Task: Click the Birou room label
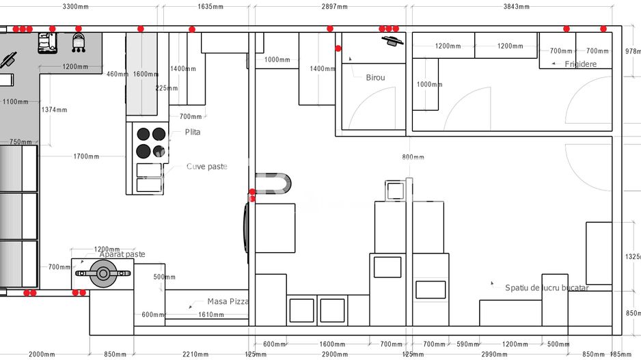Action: pos(375,78)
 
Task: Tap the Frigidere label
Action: pos(580,64)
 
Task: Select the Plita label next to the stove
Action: pos(193,132)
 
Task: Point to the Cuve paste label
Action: pos(206,167)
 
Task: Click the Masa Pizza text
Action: pos(228,301)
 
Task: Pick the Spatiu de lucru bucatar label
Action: pos(547,288)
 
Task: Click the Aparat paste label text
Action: pos(122,255)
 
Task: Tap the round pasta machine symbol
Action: pos(103,274)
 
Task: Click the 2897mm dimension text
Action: pos(334,7)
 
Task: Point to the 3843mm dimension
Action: pos(516,7)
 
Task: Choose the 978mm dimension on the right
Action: pos(633,51)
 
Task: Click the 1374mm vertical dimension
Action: pos(54,110)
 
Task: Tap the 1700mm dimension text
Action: pos(86,156)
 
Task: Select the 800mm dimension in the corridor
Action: pos(413,158)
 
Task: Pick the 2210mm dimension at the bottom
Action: pos(195,355)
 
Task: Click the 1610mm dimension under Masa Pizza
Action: pos(211,315)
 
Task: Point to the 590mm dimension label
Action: pos(467,344)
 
